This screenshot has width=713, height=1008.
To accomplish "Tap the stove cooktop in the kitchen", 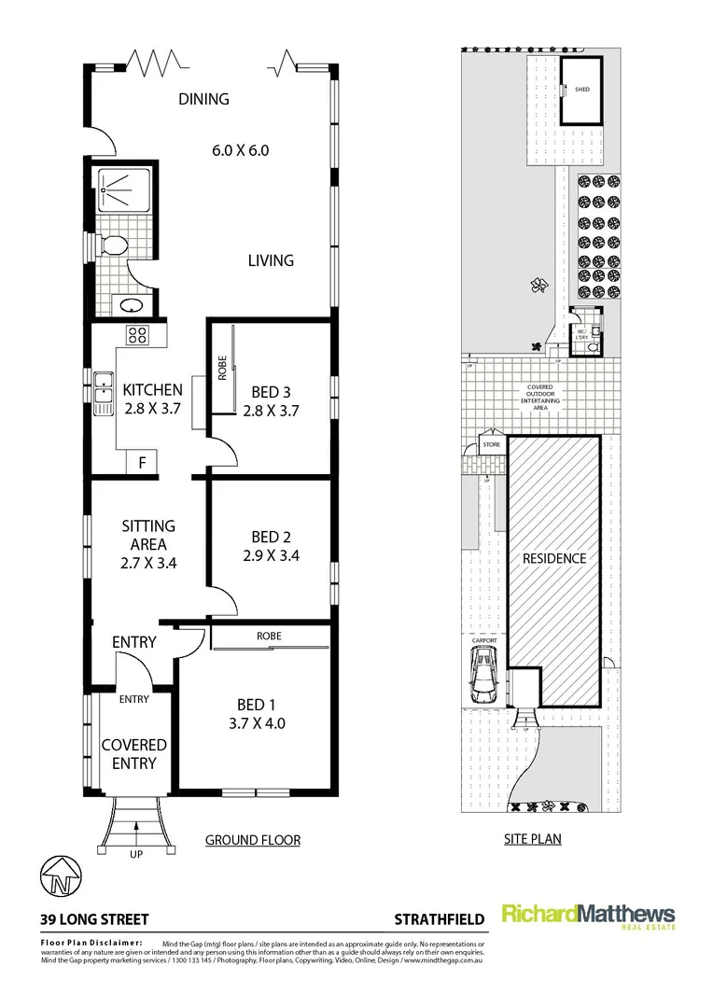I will pyautogui.click(x=137, y=335).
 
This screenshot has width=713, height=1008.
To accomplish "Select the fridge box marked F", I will pyautogui.click(x=142, y=462).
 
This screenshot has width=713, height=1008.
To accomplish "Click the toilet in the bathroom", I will pyautogui.click(x=114, y=247).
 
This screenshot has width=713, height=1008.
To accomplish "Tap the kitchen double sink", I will pyautogui.click(x=103, y=393).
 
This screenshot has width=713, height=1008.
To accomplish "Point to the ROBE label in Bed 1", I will pyautogui.click(x=270, y=637).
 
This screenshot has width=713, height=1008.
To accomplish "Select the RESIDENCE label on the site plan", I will pyautogui.click(x=553, y=558).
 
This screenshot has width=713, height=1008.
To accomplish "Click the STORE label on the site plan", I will pyautogui.click(x=491, y=445).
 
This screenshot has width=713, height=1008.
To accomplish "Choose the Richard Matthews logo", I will pyautogui.click(x=588, y=916).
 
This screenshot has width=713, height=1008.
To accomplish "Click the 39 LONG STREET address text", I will pyautogui.click(x=93, y=919).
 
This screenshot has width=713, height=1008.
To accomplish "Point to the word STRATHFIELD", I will pyautogui.click(x=437, y=919).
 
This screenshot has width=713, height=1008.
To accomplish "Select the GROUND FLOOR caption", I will pyautogui.click(x=252, y=840).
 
